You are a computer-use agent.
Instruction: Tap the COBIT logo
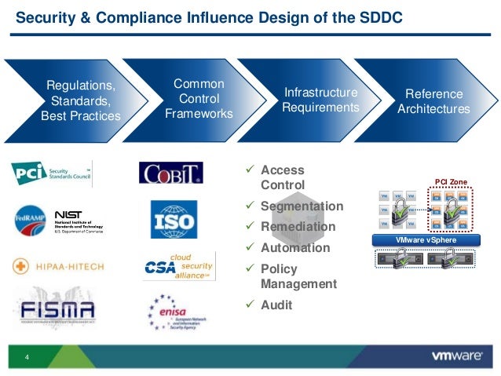[x=171, y=173]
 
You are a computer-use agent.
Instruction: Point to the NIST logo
[x=78, y=221]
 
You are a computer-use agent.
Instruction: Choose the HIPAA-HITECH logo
[x=59, y=267]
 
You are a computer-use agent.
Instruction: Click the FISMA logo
[x=55, y=312]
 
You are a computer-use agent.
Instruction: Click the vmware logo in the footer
[x=457, y=356]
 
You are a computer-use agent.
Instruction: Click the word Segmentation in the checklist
[x=302, y=206]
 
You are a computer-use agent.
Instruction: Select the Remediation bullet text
[x=298, y=227]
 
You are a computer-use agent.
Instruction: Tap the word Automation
[x=295, y=247]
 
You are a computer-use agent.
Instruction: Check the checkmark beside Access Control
[x=251, y=170]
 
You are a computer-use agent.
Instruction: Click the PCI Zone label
[x=451, y=182]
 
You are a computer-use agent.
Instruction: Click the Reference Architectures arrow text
[x=433, y=102]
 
